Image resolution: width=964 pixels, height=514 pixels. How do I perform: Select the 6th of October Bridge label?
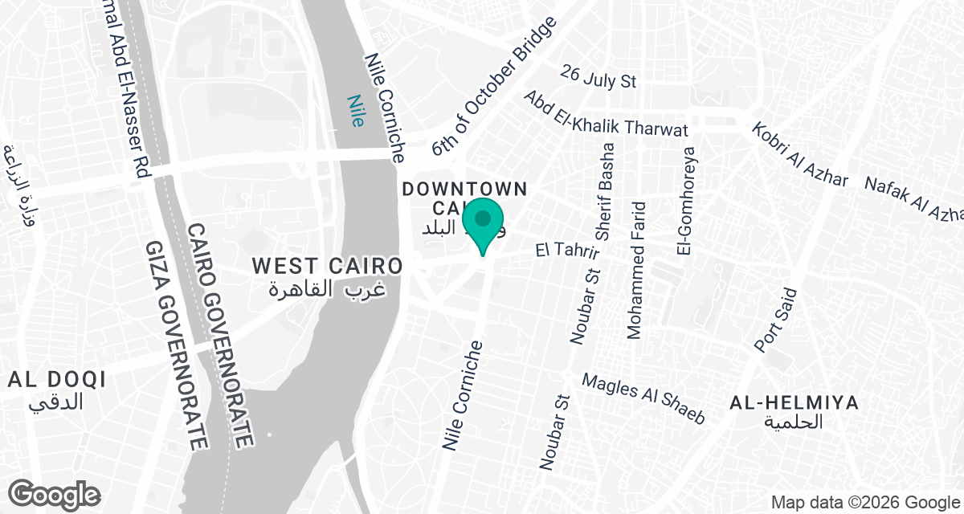493,88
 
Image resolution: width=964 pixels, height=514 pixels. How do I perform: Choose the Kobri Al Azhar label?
800,155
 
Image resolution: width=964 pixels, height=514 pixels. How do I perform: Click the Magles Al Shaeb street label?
643,399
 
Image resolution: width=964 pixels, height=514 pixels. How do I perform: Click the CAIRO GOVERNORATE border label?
222,336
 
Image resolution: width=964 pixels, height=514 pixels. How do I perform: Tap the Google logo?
55,493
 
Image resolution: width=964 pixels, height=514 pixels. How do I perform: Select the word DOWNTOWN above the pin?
464,190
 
